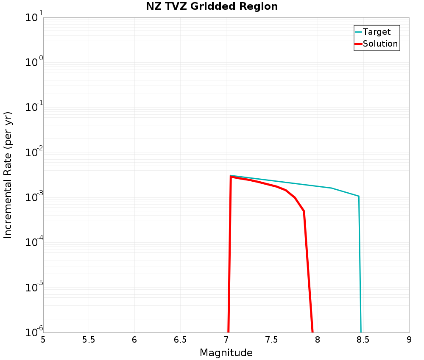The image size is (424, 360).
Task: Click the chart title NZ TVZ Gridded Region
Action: (212, 7)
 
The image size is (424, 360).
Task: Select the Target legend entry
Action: (377, 32)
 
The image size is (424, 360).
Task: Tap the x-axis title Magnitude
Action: (226, 353)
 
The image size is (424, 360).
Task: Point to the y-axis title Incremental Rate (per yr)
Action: (8, 175)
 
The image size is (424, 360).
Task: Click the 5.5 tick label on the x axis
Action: (89, 340)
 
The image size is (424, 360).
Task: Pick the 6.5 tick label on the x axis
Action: (180, 340)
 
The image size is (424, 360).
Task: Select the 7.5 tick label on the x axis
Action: (272, 340)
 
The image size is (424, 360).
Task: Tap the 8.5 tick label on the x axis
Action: (363, 340)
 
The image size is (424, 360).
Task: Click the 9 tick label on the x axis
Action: (409, 340)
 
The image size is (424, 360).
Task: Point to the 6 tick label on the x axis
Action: (134, 340)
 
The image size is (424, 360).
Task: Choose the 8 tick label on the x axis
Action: (318, 340)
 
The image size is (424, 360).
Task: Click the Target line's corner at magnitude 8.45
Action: (359, 196)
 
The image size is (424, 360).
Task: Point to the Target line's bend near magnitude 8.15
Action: (332, 188)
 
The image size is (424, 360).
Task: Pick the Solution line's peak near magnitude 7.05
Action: (231, 176)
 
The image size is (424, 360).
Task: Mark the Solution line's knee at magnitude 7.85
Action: (304, 211)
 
